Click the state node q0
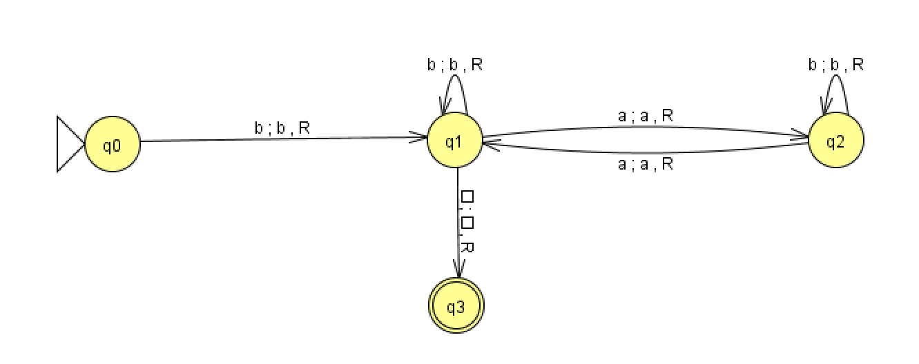tap(113, 145)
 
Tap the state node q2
tap(835, 141)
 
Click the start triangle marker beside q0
tap(69, 145)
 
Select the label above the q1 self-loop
tap(455, 65)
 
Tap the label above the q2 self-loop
tap(836, 65)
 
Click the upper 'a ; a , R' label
tap(645, 116)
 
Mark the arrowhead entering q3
tap(457, 273)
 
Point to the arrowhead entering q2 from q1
tap(802, 136)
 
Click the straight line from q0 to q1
tap(276, 140)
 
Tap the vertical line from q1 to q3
tap(457, 221)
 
